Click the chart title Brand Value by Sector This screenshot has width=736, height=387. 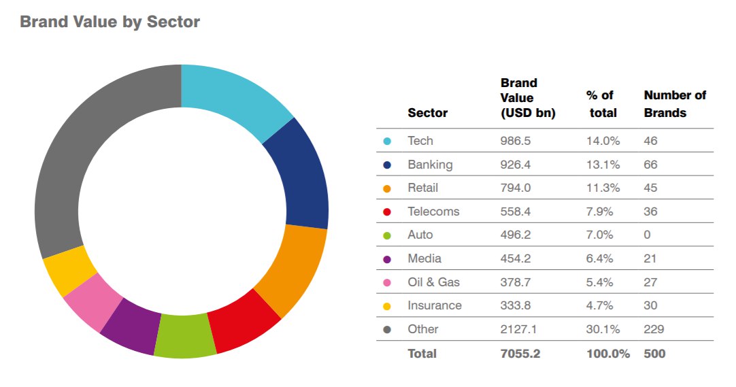[x=110, y=22]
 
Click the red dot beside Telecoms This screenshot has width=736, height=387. [x=387, y=212]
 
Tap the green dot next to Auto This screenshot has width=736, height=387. [x=387, y=235]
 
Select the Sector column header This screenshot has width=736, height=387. [x=427, y=113]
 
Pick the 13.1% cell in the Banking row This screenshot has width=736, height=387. [x=601, y=165]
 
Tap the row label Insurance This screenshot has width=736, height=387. [x=435, y=305]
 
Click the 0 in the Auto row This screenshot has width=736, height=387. [x=647, y=235]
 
